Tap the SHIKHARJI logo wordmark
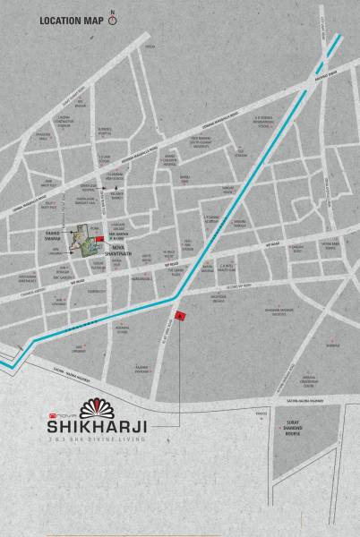[x=99, y=427]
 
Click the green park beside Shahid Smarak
[x=87, y=240]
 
